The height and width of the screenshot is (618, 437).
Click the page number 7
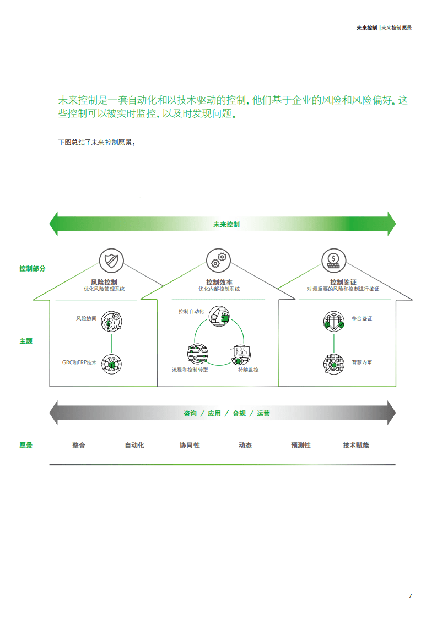(x=410, y=595)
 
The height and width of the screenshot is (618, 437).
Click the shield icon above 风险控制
(x=111, y=259)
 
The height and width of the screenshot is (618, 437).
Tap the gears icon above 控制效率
(x=219, y=259)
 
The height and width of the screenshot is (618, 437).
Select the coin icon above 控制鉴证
(x=333, y=259)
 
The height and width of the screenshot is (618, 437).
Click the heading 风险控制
(x=104, y=282)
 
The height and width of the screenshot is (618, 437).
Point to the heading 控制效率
(x=219, y=282)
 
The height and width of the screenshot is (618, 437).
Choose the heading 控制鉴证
(x=343, y=282)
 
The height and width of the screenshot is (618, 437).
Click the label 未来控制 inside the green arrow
(x=226, y=224)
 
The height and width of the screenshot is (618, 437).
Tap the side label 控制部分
(x=33, y=268)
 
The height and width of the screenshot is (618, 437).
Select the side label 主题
(x=26, y=341)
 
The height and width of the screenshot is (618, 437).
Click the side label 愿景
(x=26, y=445)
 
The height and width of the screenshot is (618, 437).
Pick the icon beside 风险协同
(x=112, y=322)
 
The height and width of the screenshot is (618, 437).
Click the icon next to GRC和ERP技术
(x=112, y=363)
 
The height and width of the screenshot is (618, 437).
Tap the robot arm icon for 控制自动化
(x=219, y=317)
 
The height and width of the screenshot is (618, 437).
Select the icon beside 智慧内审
(x=333, y=363)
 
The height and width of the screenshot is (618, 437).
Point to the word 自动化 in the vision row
(x=134, y=445)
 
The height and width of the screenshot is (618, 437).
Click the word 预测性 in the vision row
(x=301, y=445)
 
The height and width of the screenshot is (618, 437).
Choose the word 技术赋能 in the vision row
(x=356, y=445)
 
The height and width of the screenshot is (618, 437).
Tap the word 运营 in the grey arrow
(x=263, y=413)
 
